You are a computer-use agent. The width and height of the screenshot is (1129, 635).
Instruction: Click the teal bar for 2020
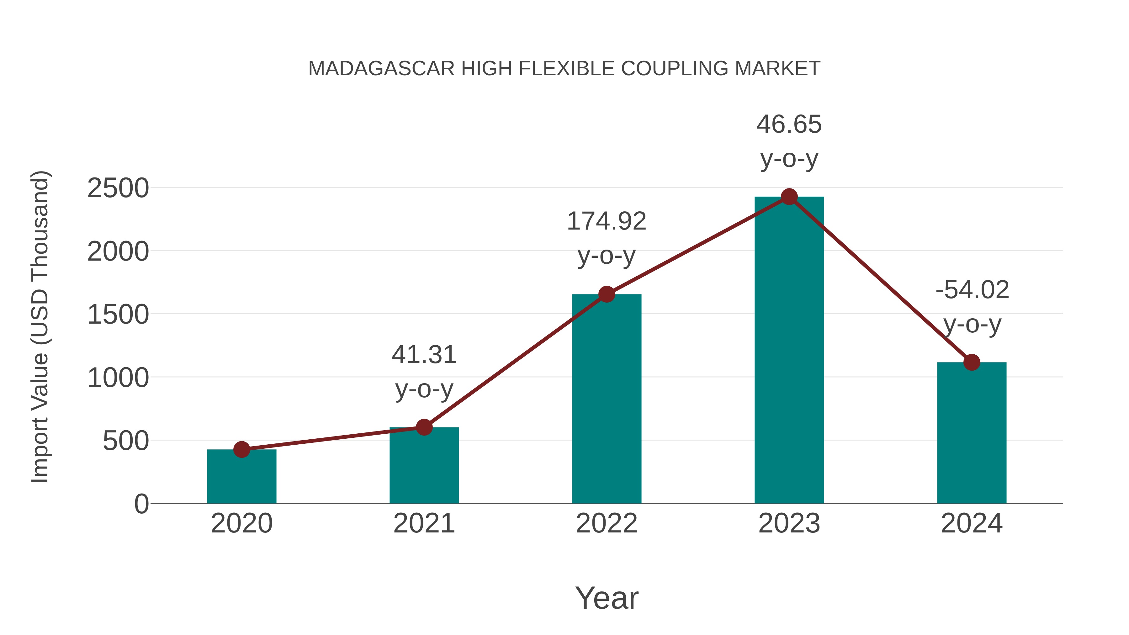click(241, 478)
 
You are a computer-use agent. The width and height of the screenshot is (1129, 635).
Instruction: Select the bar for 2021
click(424, 467)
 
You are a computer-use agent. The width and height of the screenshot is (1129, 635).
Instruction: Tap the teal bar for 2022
click(607, 399)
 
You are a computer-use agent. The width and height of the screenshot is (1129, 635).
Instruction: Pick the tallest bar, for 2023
click(789, 351)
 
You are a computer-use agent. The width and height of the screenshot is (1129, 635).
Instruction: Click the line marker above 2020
click(241, 449)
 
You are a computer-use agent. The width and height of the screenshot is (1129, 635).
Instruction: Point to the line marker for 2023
click(789, 197)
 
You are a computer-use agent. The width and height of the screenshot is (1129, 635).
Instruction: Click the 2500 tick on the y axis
click(118, 188)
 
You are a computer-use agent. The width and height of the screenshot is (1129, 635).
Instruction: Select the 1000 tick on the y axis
click(118, 378)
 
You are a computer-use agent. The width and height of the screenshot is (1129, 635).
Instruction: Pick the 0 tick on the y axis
click(141, 504)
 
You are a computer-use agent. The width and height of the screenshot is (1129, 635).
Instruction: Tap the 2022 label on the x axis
click(607, 523)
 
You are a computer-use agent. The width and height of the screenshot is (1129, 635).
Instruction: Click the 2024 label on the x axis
click(972, 523)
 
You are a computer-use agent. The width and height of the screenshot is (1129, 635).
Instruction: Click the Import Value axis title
click(40, 326)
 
